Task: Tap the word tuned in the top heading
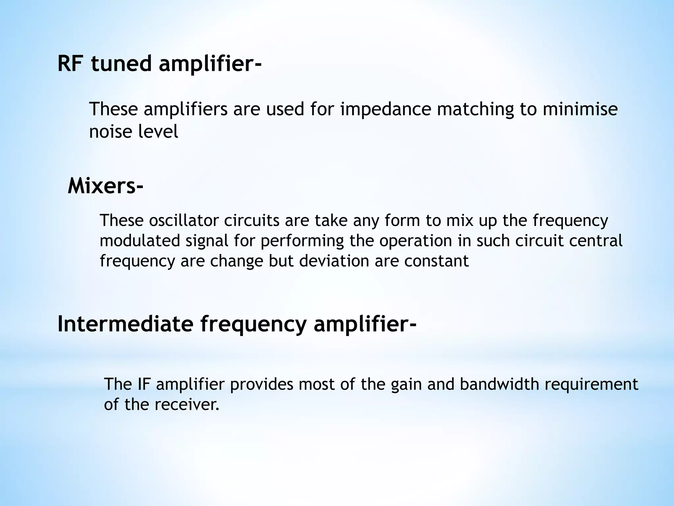121,63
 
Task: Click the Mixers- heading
105,186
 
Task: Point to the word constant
436,261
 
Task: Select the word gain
406,384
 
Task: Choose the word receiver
187,405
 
